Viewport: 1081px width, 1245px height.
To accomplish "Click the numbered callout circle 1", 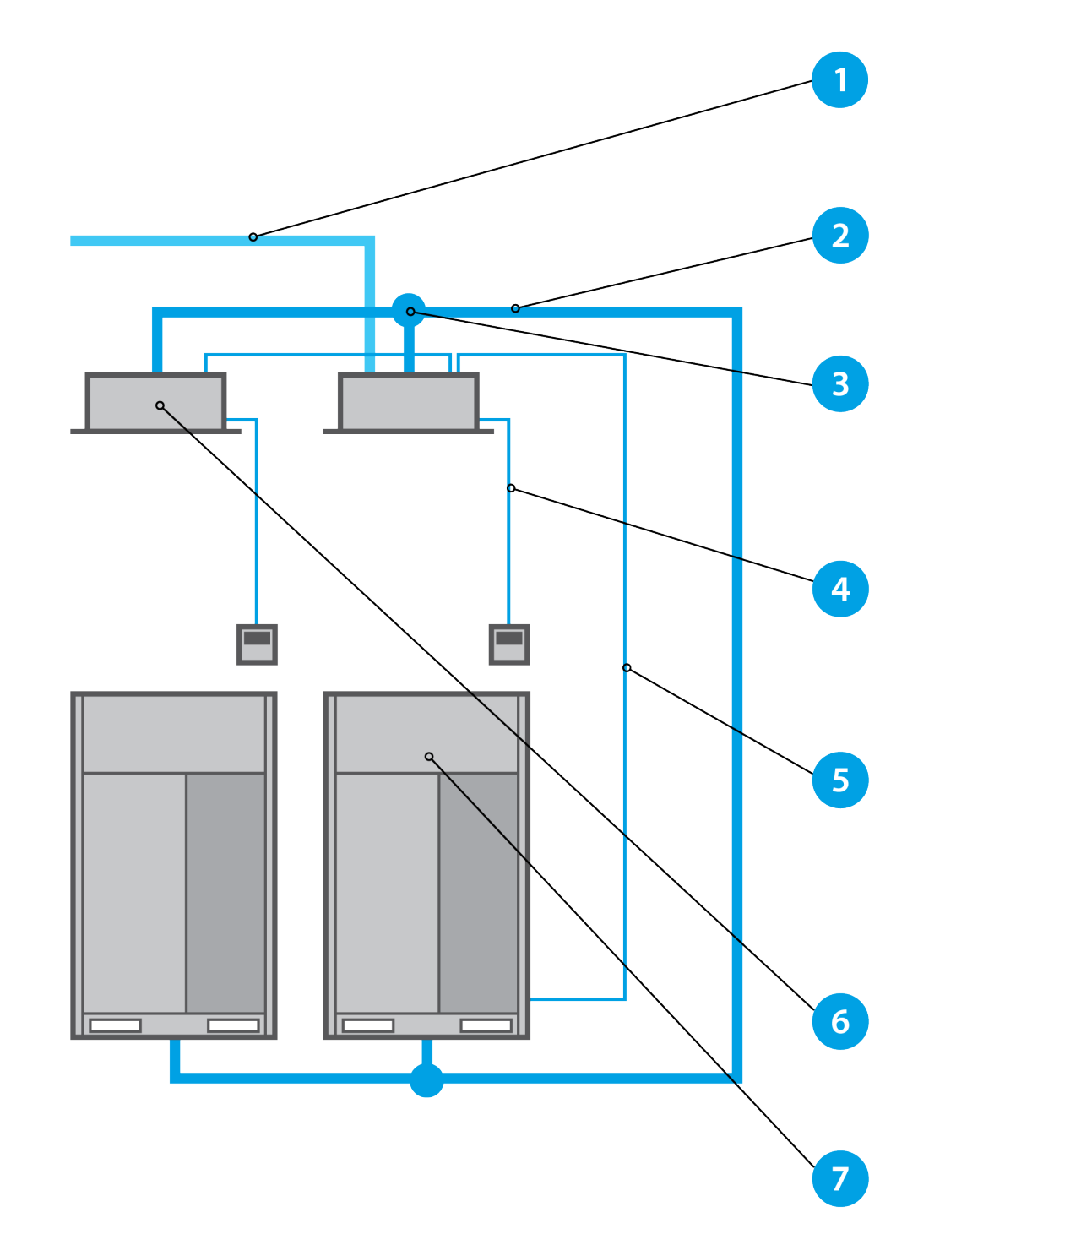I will pyautogui.click(x=839, y=80).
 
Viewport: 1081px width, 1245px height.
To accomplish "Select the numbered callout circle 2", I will pyautogui.click(x=839, y=236).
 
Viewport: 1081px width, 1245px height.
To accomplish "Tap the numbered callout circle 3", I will pyautogui.click(x=839, y=384).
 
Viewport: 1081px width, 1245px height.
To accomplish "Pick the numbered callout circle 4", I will pyautogui.click(x=839, y=589).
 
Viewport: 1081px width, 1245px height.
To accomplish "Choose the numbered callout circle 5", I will pyautogui.click(x=839, y=780).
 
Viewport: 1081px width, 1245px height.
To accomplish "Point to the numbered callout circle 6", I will pyautogui.click(x=839, y=1022).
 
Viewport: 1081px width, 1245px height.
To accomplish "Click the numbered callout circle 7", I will pyautogui.click(x=839, y=1178).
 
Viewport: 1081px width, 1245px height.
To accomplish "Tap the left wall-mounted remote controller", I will pyautogui.click(x=257, y=644).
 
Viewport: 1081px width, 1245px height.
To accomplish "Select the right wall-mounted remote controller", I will pyautogui.click(x=509, y=644).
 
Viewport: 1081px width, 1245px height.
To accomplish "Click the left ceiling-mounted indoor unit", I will pyautogui.click(x=155, y=403).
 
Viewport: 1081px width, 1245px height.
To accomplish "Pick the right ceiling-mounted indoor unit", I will pyautogui.click(x=409, y=403).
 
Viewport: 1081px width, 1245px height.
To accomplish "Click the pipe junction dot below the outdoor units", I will pyautogui.click(x=426, y=1080).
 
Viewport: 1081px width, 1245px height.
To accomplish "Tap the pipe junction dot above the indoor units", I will pyautogui.click(x=409, y=311).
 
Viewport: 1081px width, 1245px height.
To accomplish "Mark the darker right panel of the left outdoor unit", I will pyautogui.click(x=225, y=892).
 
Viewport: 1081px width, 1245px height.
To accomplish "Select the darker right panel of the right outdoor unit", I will pyautogui.click(x=478, y=892).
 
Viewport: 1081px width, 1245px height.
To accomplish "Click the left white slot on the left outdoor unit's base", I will pyautogui.click(x=116, y=1025).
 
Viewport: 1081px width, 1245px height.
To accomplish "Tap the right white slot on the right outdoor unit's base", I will pyautogui.click(x=486, y=1025).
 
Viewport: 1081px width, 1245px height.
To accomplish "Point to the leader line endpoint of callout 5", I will pyautogui.click(x=627, y=668).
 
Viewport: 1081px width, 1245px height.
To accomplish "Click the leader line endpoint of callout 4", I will pyautogui.click(x=511, y=488).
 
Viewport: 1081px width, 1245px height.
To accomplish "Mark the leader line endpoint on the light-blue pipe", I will pyautogui.click(x=253, y=237).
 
